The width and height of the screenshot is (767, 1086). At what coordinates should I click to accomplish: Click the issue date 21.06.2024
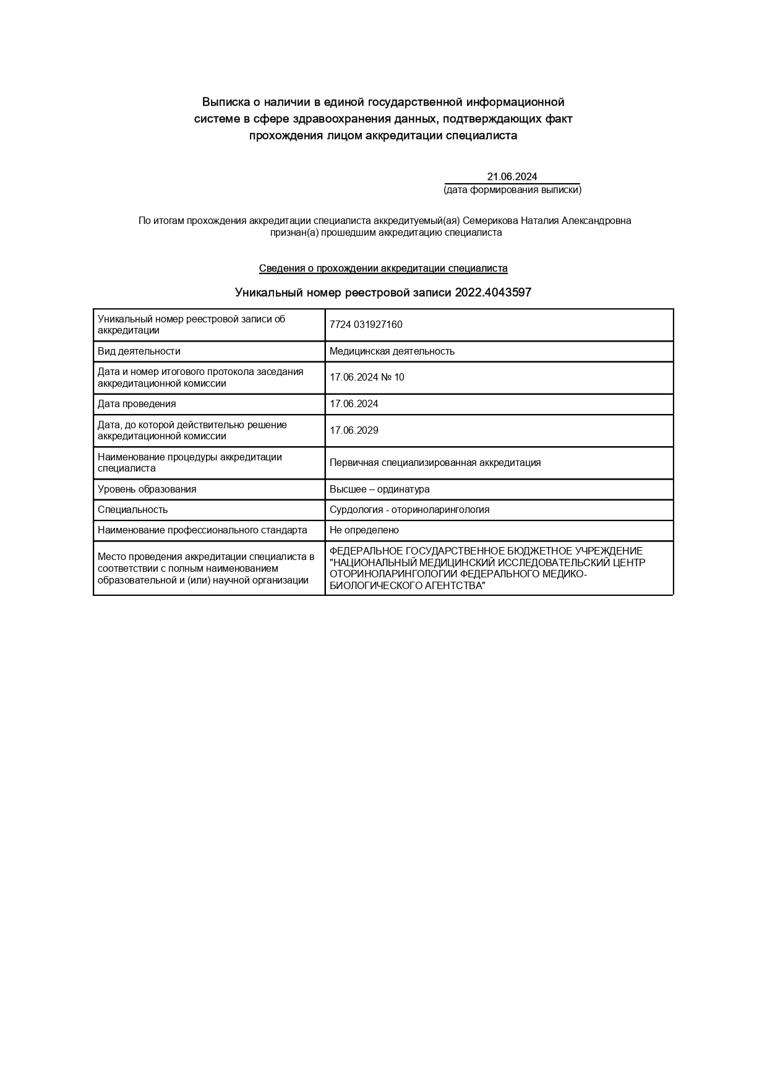(x=512, y=177)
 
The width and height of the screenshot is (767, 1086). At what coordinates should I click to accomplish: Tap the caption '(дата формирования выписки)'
(x=512, y=190)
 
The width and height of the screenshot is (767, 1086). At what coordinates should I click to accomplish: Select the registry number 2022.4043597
(x=493, y=293)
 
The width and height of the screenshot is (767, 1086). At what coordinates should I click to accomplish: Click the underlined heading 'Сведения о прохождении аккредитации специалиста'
(x=383, y=269)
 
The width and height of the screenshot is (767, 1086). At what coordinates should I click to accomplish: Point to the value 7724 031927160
(x=366, y=325)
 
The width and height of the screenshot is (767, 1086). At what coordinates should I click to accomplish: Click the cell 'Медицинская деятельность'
(x=392, y=351)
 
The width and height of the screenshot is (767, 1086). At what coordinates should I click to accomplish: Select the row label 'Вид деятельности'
(x=139, y=351)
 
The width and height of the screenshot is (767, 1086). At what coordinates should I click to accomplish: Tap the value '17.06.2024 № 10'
(x=367, y=377)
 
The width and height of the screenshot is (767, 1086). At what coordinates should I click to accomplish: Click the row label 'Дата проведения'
(x=137, y=404)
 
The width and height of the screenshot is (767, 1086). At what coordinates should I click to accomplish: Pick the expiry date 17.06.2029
(x=354, y=431)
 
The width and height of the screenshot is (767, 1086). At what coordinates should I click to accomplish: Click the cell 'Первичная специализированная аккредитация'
(x=435, y=463)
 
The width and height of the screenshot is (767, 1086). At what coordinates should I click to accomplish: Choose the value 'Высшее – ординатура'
(x=379, y=489)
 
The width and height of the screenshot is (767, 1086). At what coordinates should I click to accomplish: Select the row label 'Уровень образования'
(x=147, y=489)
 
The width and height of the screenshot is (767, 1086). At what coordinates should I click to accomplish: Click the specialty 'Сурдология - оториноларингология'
(x=409, y=510)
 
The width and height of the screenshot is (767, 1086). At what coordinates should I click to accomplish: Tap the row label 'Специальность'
(x=132, y=510)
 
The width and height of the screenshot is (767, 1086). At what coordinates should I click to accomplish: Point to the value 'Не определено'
(x=364, y=530)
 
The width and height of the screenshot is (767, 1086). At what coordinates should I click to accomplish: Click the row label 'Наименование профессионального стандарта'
(x=202, y=530)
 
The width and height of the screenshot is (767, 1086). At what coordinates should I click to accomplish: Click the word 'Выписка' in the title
(x=226, y=102)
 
